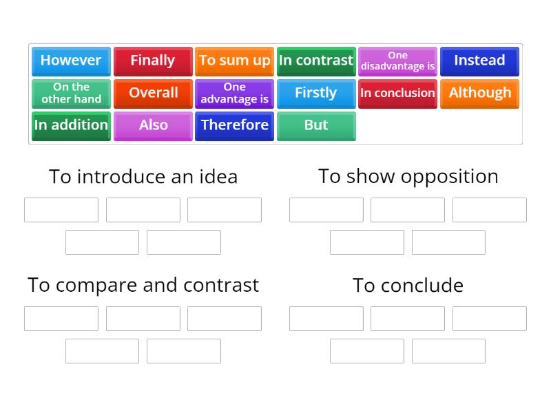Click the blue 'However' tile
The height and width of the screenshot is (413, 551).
pos(71,61)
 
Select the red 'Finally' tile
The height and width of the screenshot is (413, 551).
pos(153,61)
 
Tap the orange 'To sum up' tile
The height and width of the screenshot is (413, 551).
pos(234,61)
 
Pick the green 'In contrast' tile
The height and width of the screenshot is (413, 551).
pos(316,61)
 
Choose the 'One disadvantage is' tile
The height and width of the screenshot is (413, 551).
pos(397,61)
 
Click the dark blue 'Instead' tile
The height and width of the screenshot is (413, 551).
pos(479,61)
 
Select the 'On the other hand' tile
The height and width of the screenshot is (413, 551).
pos(71,93)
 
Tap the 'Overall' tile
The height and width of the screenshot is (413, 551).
pos(153,93)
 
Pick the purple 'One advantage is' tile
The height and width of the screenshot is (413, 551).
pos(234,93)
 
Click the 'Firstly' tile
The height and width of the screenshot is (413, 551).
pos(316,93)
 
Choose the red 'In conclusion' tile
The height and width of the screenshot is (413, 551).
pos(397,93)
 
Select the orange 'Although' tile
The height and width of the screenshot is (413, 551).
pos(479,93)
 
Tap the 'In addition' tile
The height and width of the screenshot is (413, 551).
pos(71,125)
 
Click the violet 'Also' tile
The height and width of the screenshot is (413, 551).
pos(153,125)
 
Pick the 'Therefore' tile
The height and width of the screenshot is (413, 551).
pos(234,125)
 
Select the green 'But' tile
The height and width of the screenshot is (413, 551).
pos(316,125)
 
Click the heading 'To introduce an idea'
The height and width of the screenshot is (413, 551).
pos(143,177)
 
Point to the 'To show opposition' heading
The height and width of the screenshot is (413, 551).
pos(408,176)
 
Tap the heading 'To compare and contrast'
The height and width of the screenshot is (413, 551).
pos(143,285)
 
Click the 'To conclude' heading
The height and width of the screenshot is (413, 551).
pos(408,285)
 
